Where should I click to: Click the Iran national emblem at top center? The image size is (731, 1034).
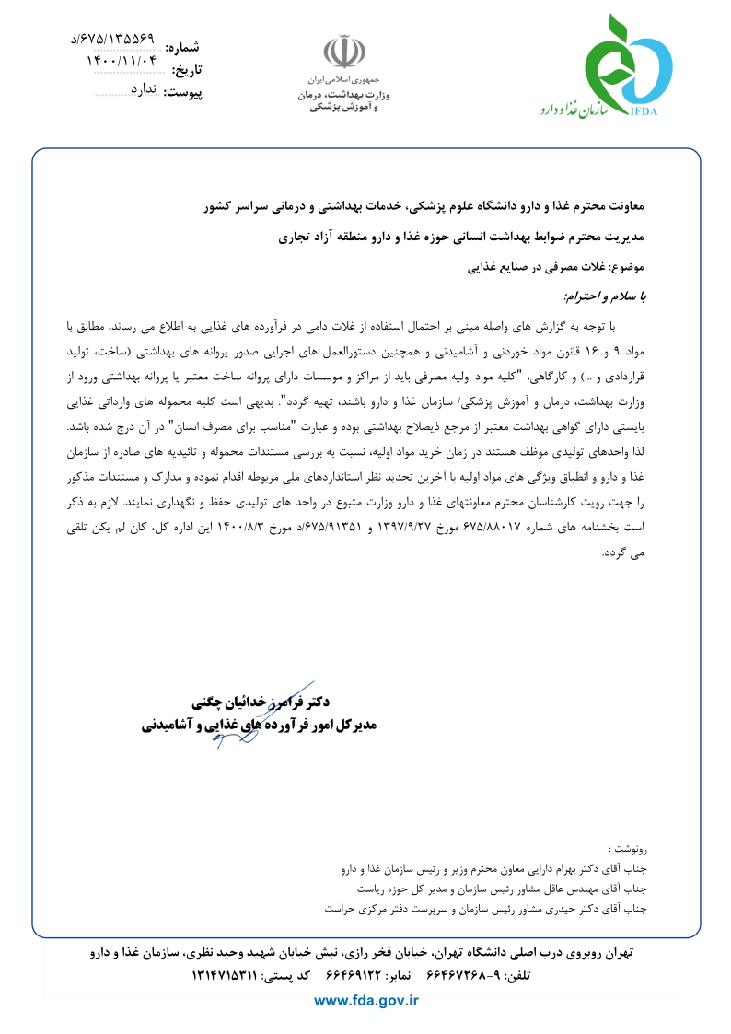(x=336, y=52)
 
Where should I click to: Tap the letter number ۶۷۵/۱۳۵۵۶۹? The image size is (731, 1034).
(x=113, y=40)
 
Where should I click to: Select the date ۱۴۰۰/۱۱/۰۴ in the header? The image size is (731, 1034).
(x=122, y=63)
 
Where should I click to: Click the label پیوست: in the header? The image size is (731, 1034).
(x=182, y=92)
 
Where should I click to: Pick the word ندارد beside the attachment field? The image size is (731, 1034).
(x=145, y=89)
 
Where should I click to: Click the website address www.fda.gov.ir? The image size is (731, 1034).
(x=366, y=1000)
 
